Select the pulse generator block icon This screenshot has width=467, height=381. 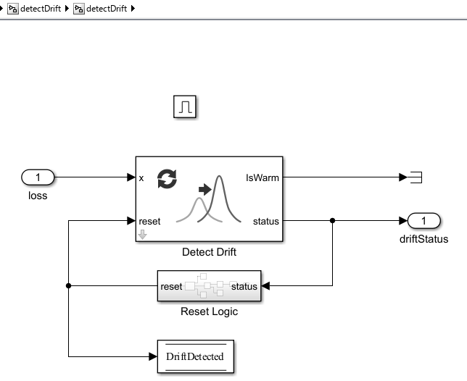point(185,107)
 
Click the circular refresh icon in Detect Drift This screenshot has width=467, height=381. point(167,179)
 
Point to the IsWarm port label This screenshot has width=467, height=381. point(262,177)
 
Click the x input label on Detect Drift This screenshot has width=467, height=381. point(141,177)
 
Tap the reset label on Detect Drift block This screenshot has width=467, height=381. point(150,221)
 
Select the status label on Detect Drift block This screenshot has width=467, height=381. point(265,221)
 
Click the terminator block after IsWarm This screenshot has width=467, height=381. point(416,177)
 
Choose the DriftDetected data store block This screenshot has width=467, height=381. point(195,356)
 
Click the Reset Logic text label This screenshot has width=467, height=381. point(209,311)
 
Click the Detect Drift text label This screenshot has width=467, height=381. point(209,253)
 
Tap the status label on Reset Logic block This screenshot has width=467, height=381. point(244,286)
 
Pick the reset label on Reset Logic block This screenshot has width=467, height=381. point(171,286)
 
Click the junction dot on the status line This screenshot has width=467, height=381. point(332,221)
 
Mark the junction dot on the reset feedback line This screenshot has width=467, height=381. point(69,286)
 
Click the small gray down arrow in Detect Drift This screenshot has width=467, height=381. point(143,234)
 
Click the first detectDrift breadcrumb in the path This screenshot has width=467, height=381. point(34,8)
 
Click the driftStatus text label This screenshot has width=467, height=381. point(424,239)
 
